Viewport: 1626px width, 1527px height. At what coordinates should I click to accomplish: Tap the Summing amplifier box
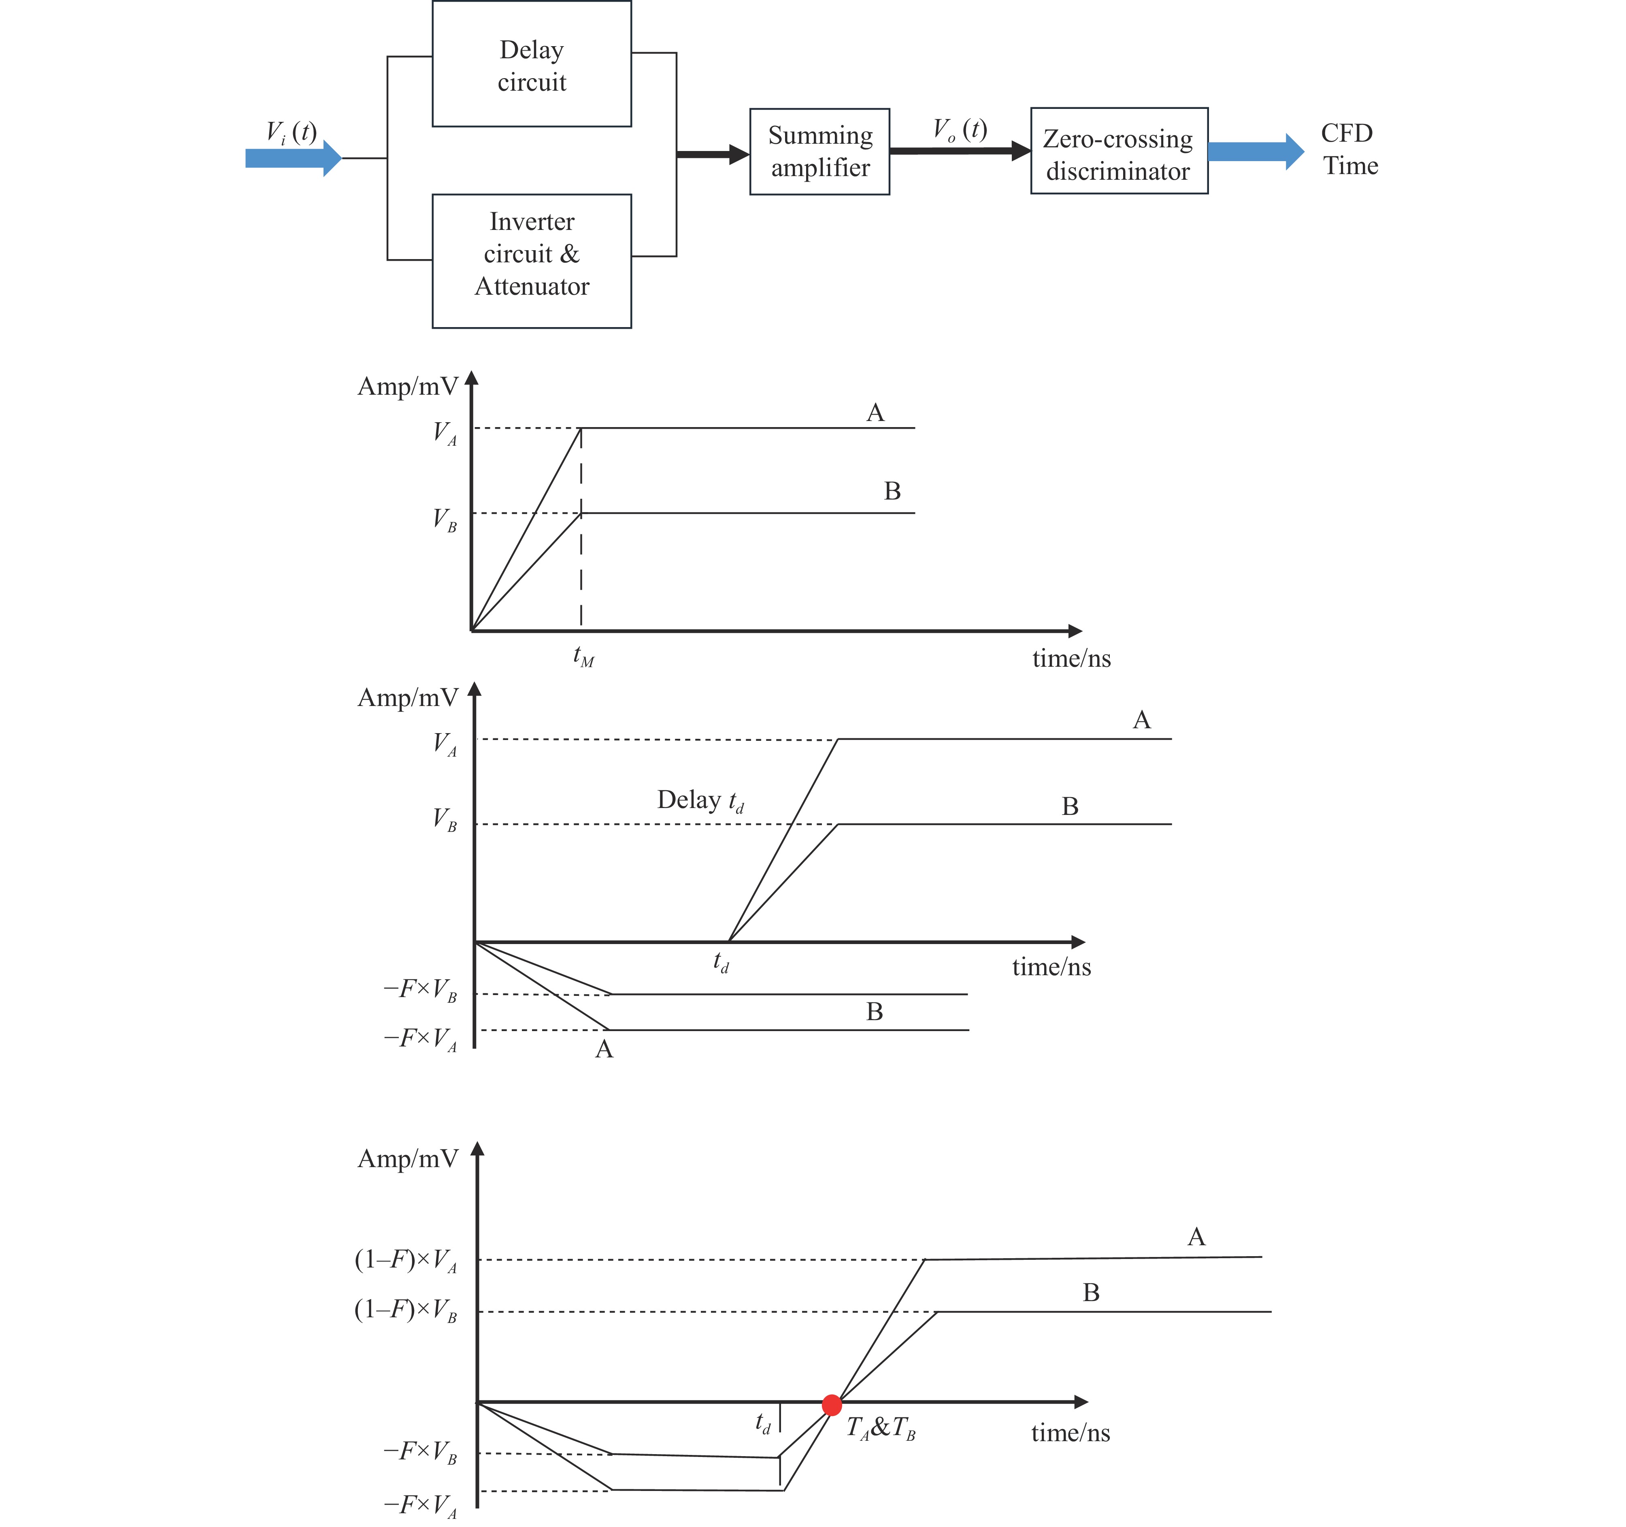pos(819,151)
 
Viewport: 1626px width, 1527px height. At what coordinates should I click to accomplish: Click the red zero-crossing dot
pos(832,1405)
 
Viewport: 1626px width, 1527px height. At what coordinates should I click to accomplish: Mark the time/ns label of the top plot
pos(1071,658)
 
